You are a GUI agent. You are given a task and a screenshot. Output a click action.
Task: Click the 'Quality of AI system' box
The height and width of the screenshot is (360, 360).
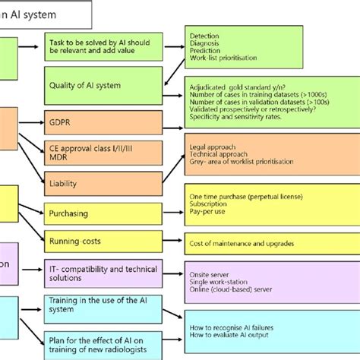103,85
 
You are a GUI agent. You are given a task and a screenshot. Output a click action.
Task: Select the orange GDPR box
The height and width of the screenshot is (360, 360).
103,122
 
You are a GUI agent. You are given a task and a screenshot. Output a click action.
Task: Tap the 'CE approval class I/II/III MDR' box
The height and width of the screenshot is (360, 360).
103,151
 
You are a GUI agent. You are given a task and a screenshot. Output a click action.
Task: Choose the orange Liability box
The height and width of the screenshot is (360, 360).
103,182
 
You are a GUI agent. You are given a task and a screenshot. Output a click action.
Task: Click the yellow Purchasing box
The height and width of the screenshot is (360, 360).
103,214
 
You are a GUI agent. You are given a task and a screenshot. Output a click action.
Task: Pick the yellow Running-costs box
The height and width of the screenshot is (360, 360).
103,242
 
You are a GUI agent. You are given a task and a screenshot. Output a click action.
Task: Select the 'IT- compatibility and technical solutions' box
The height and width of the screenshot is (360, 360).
103,274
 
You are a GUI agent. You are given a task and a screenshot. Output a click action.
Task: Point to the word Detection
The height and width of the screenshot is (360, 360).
204,35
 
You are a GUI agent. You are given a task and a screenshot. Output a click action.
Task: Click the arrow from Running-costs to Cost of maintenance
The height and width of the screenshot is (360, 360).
172,242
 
